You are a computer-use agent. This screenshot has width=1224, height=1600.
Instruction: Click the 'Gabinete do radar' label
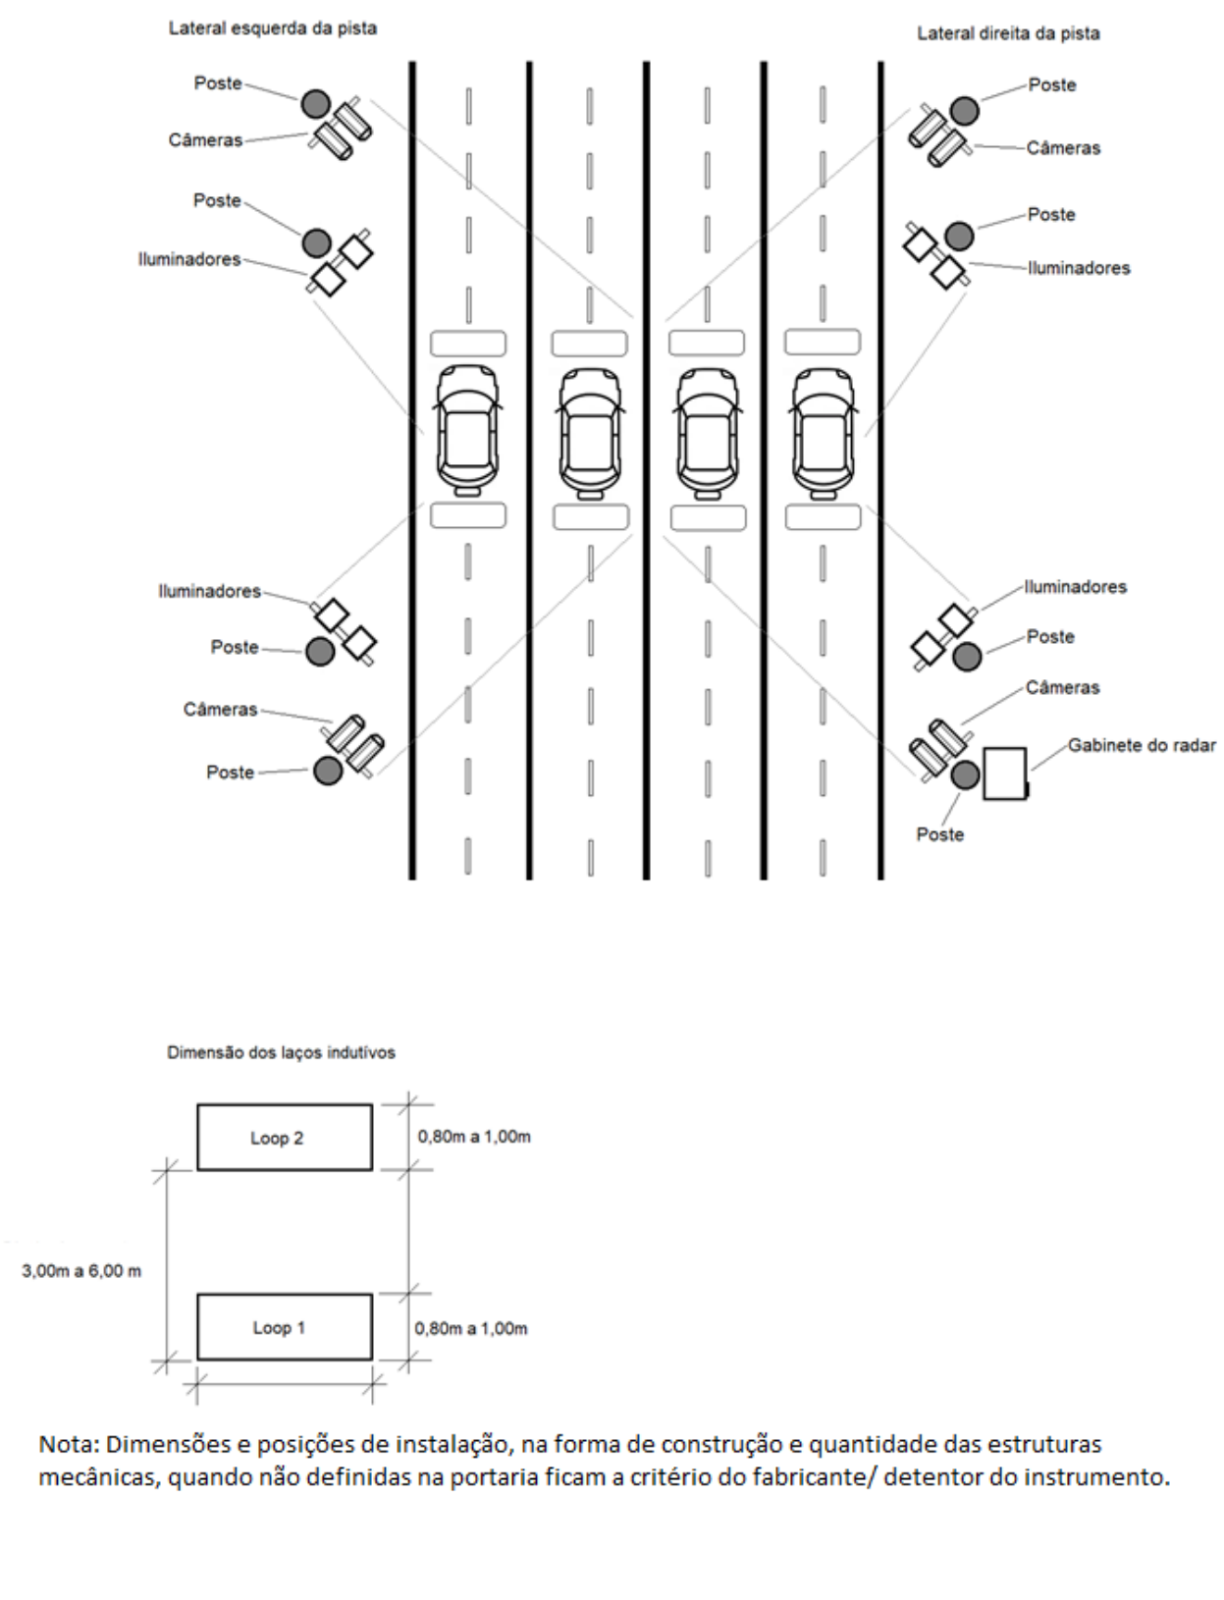[x=1142, y=746]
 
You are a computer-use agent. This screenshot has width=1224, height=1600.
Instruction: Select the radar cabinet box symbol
[x=1005, y=773]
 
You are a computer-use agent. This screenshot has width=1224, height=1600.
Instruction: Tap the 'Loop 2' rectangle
[x=285, y=1138]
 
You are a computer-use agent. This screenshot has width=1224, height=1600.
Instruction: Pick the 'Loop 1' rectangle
[x=285, y=1327]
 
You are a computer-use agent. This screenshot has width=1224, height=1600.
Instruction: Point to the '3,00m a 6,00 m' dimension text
[x=81, y=1271]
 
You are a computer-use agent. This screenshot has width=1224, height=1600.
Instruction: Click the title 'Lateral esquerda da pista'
[x=273, y=28]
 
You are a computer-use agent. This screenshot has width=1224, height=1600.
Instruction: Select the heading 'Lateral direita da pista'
[x=1008, y=33]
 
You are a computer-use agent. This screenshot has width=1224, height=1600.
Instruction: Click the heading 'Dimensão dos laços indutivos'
[x=282, y=1052]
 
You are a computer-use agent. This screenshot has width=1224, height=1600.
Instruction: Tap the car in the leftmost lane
[x=468, y=430]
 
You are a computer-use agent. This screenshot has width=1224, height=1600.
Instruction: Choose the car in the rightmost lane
[x=824, y=433]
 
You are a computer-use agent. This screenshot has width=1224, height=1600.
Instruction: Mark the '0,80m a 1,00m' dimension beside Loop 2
[x=474, y=1137]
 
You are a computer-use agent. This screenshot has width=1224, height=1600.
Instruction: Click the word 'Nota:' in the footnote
[x=70, y=1444]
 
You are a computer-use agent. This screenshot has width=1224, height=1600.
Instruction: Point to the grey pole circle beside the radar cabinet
[x=965, y=774]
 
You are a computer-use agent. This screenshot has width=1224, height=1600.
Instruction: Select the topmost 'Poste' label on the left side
[x=218, y=83]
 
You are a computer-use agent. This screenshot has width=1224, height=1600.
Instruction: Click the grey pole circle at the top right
[x=965, y=111]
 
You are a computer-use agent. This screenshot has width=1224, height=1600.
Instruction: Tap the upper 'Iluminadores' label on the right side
[x=1079, y=268]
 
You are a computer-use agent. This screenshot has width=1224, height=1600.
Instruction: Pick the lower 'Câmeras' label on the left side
[x=220, y=710]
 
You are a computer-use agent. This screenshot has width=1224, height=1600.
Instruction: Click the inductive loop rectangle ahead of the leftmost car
[x=468, y=344]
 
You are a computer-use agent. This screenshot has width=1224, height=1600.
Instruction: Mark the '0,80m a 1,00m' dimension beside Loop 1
[x=471, y=1328]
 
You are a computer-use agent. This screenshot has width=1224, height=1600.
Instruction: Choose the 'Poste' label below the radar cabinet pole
[x=940, y=834]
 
